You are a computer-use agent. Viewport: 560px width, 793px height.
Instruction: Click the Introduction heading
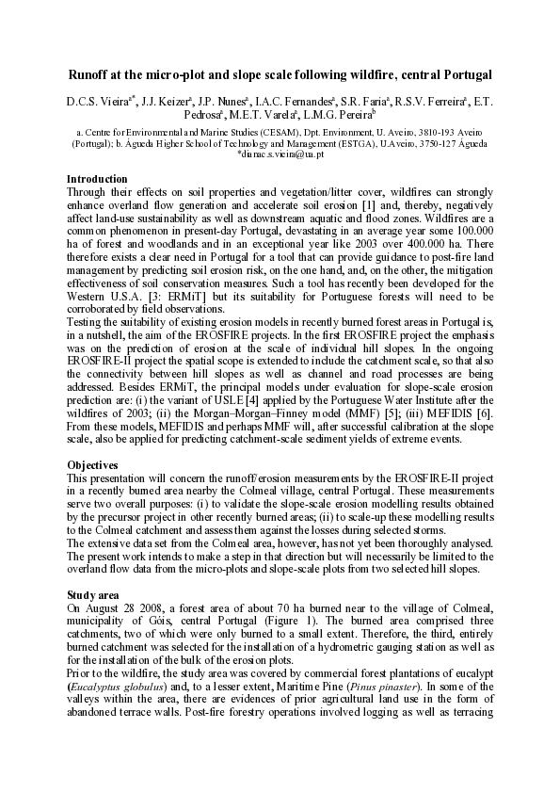pyautogui.click(x=97, y=179)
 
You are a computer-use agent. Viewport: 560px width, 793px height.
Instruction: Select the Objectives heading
pyautogui.click(x=92, y=465)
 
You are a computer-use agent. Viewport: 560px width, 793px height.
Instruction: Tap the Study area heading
pyautogui.click(x=93, y=595)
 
